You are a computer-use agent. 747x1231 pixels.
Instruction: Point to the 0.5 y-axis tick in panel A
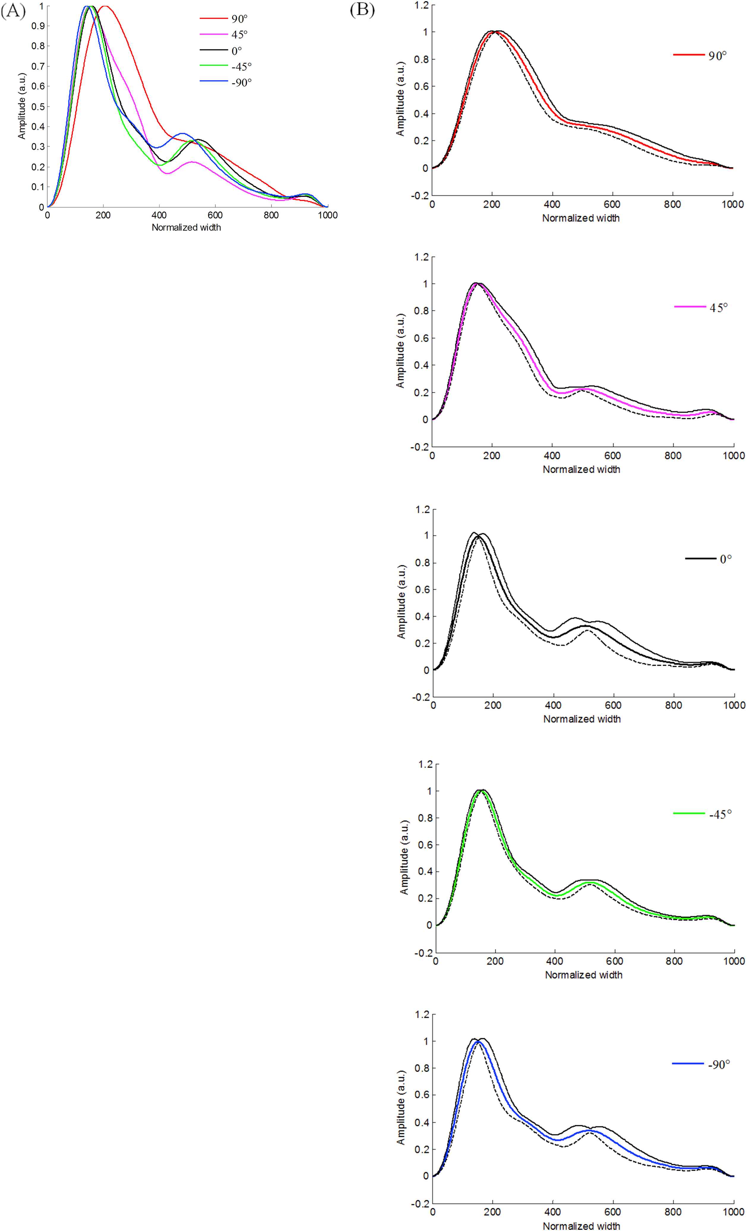pyautogui.click(x=37, y=106)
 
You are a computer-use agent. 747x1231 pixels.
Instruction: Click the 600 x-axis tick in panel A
pyautogui.click(x=215, y=215)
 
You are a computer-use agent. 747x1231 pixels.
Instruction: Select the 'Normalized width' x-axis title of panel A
pyautogui.click(x=186, y=227)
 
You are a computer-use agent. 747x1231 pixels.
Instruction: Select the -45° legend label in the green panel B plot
pyautogui.click(x=720, y=813)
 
